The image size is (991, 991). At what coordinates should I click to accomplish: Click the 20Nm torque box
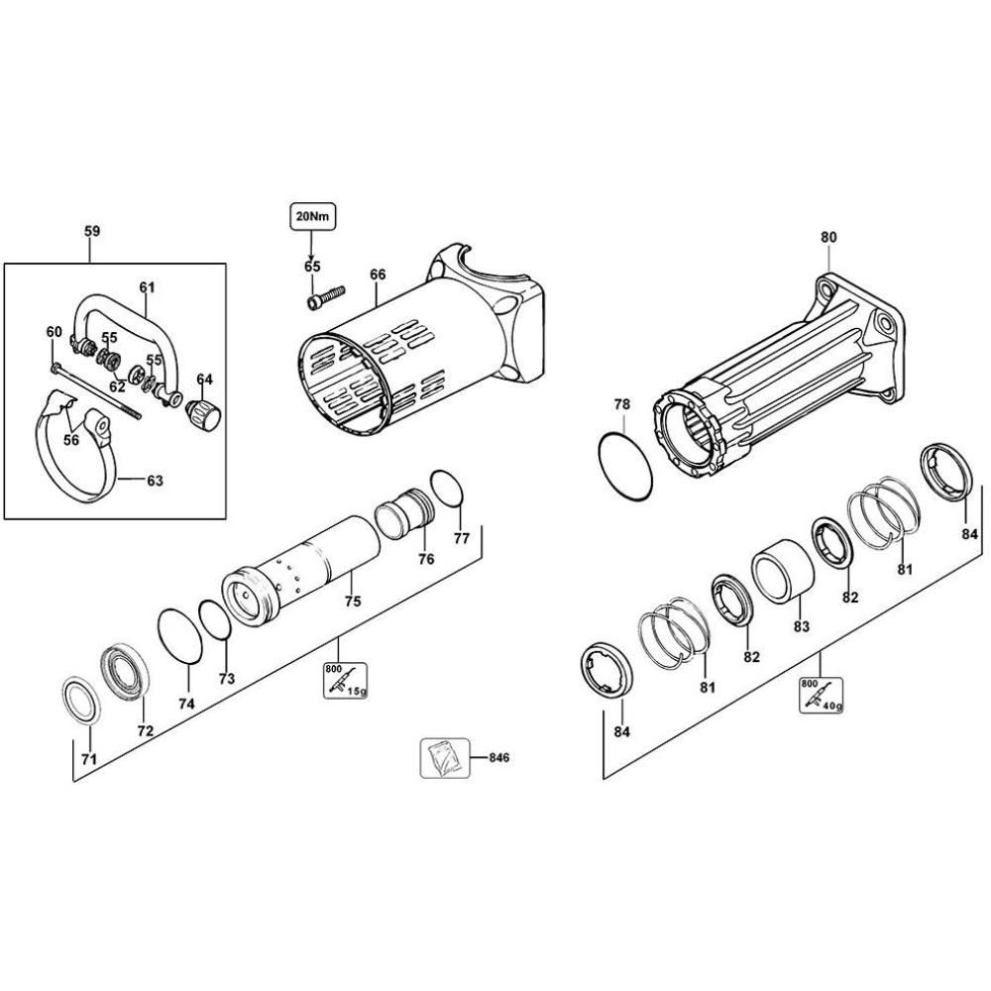click(312, 215)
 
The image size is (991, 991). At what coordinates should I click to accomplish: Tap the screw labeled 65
click(324, 295)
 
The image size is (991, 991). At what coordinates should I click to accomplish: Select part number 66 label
click(377, 275)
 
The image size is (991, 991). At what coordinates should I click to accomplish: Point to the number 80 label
click(828, 238)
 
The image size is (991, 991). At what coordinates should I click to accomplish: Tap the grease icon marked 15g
click(344, 680)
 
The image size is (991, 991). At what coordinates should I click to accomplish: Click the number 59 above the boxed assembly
click(91, 232)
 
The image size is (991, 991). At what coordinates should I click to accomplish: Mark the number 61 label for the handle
click(147, 287)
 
